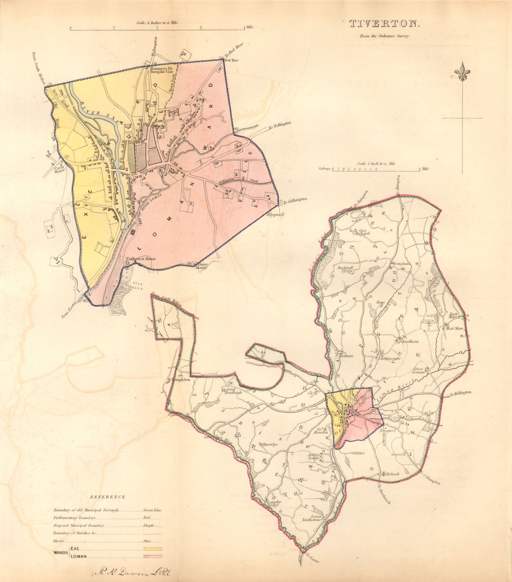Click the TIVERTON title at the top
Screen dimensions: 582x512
385,24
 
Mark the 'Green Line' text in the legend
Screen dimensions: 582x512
152,510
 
